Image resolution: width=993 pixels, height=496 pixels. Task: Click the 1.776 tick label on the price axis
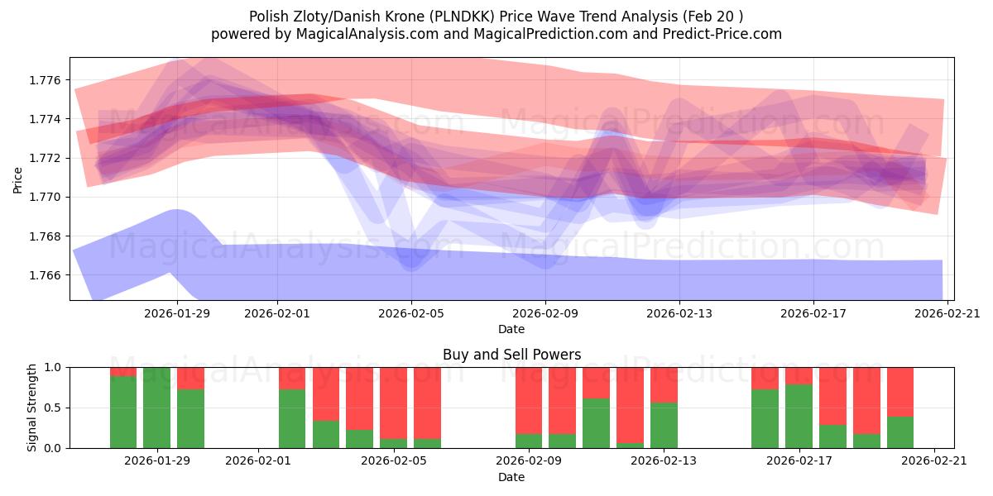click(x=46, y=80)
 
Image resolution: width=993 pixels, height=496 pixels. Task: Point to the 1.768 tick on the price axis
click(x=46, y=236)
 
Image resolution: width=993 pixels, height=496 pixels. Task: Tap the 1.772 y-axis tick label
click(x=46, y=158)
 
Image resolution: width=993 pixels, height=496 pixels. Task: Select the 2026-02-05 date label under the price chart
click(x=411, y=314)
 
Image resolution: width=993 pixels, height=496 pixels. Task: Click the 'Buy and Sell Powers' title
click(x=511, y=355)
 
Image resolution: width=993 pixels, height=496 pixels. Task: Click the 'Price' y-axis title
click(x=19, y=179)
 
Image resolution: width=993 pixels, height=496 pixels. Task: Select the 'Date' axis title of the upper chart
click(x=511, y=329)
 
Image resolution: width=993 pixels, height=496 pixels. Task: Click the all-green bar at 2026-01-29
click(x=157, y=408)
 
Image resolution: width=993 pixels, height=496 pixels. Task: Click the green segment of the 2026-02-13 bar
click(x=664, y=425)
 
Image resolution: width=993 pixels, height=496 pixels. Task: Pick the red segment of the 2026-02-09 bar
click(x=529, y=400)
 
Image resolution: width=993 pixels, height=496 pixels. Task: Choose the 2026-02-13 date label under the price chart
click(x=679, y=314)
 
